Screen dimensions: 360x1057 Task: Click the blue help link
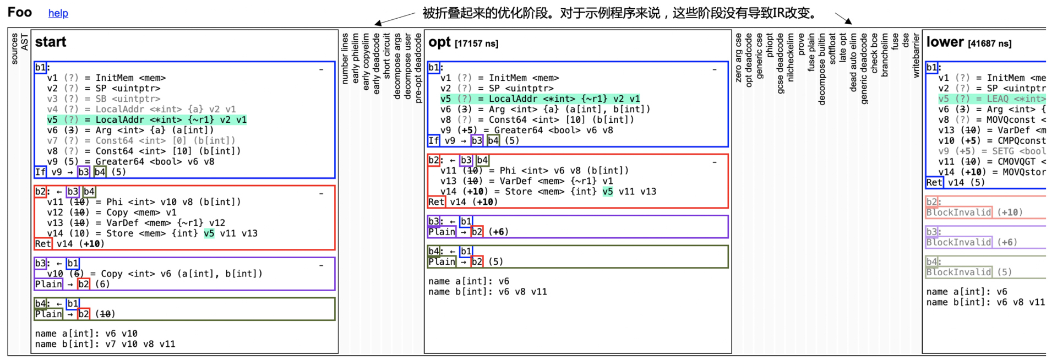tap(58, 13)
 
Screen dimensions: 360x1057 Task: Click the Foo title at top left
tap(19, 12)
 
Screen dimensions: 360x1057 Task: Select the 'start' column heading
tap(51, 42)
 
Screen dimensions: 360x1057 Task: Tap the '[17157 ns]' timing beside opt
tap(476, 43)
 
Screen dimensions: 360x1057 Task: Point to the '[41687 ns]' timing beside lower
tap(989, 43)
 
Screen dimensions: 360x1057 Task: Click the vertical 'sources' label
tap(14, 48)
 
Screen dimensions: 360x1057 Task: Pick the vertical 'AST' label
tap(24, 42)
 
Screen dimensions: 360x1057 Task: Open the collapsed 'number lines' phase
tap(345, 58)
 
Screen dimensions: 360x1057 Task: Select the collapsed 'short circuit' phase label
tap(386, 55)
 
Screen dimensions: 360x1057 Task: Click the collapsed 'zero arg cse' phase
tap(738, 57)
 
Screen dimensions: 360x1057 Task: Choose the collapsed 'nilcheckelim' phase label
tap(791, 57)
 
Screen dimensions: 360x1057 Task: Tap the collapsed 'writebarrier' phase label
tap(916, 55)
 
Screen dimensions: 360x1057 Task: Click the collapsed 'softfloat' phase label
tap(832, 50)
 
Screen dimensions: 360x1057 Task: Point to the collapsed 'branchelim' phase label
tap(885, 54)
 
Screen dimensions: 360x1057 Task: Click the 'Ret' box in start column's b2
tap(43, 244)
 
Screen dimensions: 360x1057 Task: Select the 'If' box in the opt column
tap(434, 140)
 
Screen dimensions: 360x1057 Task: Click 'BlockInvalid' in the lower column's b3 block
tap(958, 242)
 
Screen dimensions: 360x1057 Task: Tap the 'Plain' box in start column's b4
tap(48, 314)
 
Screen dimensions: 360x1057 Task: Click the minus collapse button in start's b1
tap(321, 69)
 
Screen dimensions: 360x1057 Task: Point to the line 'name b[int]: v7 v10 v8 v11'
tap(105, 344)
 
